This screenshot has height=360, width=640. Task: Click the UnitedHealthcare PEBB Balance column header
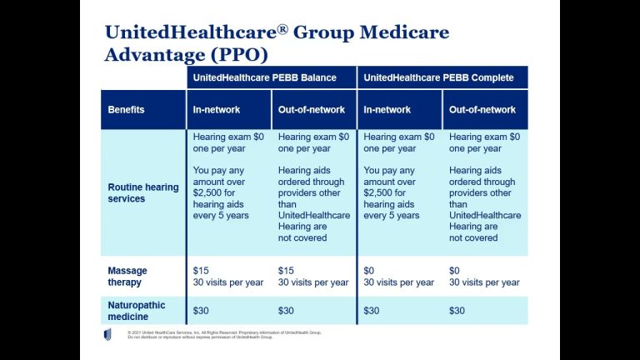(x=264, y=77)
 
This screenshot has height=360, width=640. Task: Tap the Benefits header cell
(x=127, y=110)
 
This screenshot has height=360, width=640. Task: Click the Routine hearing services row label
(x=143, y=192)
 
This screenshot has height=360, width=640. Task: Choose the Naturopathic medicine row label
(x=137, y=311)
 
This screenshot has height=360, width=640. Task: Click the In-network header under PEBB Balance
(x=217, y=110)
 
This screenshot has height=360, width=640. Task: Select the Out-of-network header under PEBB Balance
(x=312, y=110)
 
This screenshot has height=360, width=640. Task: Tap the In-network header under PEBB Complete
(x=387, y=110)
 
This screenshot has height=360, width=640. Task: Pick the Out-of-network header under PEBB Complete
(x=482, y=110)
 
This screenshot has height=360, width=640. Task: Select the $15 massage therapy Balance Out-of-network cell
(x=313, y=277)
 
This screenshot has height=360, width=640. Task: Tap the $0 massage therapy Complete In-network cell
(x=399, y=277)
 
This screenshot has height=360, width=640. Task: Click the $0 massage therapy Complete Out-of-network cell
(x=484, y=277)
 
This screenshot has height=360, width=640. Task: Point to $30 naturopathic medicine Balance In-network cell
(x=202, y=311)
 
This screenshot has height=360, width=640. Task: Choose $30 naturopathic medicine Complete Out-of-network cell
(x=457, y=311)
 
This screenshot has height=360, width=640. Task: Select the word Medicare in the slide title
(x=397, y=33)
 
